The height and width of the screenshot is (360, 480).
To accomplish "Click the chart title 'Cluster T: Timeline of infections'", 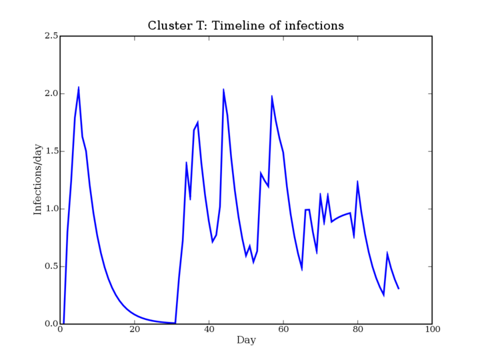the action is (x=246, y=25).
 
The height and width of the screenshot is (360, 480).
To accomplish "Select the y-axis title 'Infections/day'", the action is (x=37, y=180).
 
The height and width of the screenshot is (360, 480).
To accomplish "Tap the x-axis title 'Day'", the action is (x=246, y=341).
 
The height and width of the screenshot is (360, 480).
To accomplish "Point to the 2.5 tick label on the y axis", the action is (x=51, y=36).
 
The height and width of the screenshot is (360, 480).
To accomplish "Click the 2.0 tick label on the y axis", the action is (x=51, y=94).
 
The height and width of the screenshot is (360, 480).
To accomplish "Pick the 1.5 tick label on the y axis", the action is (x=51, y=151).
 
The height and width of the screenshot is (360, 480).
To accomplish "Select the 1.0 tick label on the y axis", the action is (x=51, y=209).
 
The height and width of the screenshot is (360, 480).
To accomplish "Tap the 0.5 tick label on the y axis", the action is (x=51, y=266).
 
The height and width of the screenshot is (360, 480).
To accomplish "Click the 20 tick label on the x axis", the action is (x=135, y=330).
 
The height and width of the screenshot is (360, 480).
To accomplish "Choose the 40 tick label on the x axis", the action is (x=209, y=330).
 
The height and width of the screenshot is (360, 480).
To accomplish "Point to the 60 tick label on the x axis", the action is (x=283, y=330).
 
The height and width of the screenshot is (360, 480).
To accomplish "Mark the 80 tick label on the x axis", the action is (x=358, y=330).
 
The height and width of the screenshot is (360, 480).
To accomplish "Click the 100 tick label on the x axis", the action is (x=432, y=330).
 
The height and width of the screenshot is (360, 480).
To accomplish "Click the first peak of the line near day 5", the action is (x=79, y=87).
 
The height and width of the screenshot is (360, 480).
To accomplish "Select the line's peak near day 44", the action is (x=223, y=89).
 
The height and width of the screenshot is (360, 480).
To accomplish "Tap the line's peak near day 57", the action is (x=272, y=96).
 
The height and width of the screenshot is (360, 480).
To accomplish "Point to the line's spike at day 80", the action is (x=357, y=181).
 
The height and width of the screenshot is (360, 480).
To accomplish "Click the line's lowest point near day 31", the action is (x=175, y=323).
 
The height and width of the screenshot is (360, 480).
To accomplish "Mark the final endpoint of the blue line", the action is (x=399, y=289).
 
